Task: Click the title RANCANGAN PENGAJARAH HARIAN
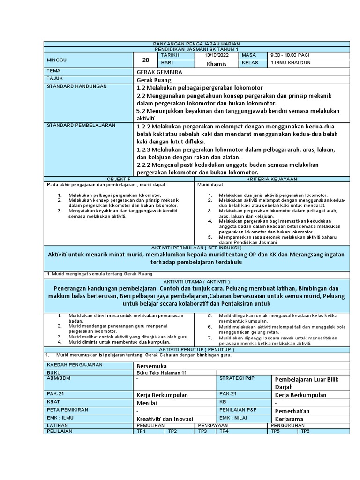(196, 43)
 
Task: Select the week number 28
(145, 60)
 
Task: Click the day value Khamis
(216, 64)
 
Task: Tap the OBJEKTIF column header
(120, 179)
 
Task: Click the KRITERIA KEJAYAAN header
(272, 179)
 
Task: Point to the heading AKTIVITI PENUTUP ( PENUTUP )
(196, 350)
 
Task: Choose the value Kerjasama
(289, 419)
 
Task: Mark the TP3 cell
(202, 431)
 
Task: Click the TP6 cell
(305, 431)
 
